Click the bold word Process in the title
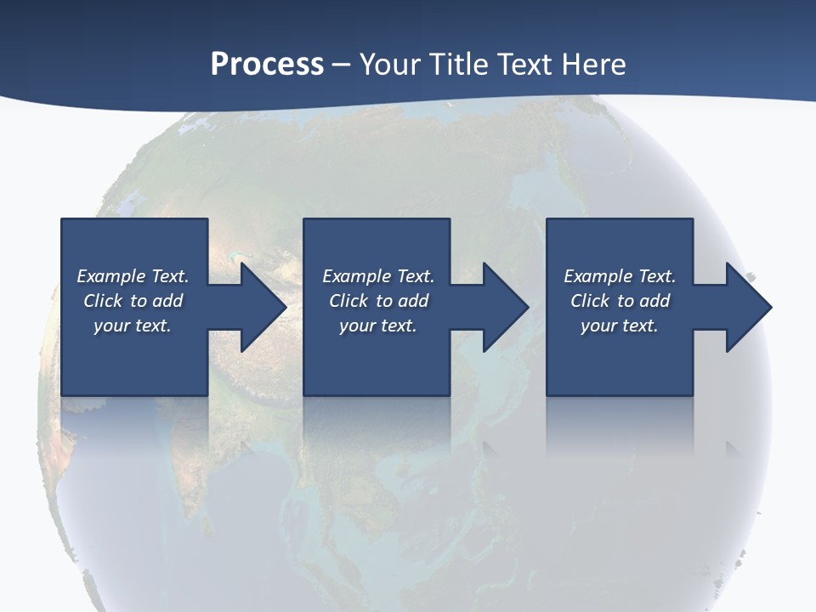click(x=267, y=64)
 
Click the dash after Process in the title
click(x=342, y=65)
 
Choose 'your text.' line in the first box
click(x=133, y=326)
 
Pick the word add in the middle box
click(x=413, y=301)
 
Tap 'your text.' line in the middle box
click(x=378, y=326)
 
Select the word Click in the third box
click(x=590, y=301)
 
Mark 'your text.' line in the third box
click(x=620, y=326)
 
